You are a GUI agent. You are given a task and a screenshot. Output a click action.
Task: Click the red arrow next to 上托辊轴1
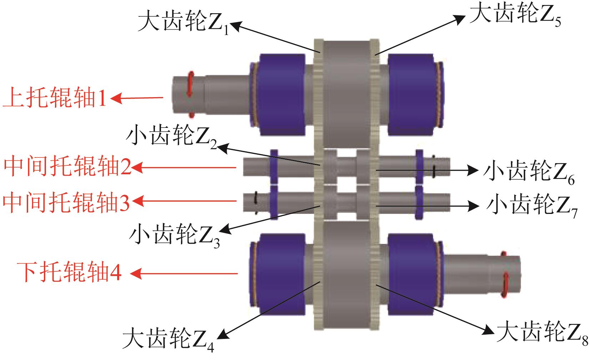pos(137,97)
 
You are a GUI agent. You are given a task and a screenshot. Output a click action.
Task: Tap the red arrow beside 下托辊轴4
pos(184,274)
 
